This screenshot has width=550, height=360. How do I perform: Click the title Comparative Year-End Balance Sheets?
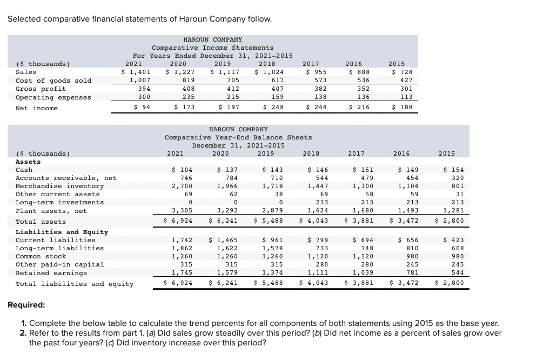238,137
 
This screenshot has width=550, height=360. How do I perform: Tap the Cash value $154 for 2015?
453,170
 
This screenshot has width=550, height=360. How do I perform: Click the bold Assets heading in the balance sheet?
28,162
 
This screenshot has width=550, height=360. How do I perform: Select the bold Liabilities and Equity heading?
62,232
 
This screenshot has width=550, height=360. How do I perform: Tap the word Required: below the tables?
26,305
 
